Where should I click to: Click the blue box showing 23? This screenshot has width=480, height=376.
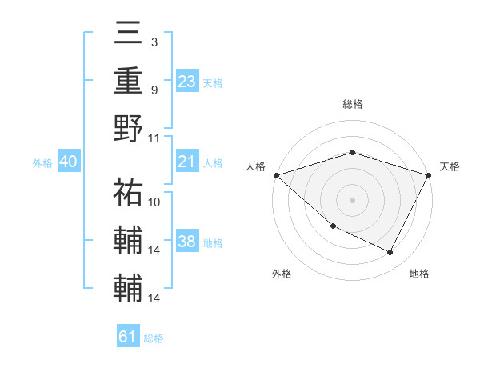pos(187,81)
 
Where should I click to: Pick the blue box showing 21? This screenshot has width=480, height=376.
pos(187,162)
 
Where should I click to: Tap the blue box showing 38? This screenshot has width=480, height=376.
pos(187,242)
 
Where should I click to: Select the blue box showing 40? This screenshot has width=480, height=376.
pos(68,162)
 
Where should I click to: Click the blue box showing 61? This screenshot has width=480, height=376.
pos(128,337)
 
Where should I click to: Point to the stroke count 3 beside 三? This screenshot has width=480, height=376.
pos(154,42)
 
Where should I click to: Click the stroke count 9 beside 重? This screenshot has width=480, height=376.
pos(154,90)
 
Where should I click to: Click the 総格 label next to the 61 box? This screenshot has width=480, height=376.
pos(154,338)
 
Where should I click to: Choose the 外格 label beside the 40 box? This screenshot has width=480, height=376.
pos(42,163)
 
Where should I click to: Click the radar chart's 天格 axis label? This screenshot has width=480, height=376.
pos(450,166)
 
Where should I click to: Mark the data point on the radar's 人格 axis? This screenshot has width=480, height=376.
pos(276,174)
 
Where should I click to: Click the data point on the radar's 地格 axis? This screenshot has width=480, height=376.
pos(390,253)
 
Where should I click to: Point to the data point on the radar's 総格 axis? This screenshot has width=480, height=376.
pos(352,152)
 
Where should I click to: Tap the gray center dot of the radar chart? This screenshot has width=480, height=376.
pos(352,199)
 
